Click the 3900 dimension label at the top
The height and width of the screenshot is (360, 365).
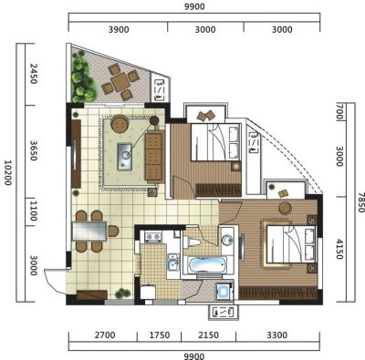click(x=119, y=30)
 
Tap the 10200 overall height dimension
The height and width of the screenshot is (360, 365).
click(x=7, y=172)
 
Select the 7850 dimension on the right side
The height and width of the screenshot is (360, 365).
click(x=360, y=202)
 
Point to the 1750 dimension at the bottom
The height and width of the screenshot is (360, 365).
click(x=160, y=335)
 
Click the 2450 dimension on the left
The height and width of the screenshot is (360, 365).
click(x=33, y=74)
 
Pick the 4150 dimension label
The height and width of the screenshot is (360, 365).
click(x=339, y=250)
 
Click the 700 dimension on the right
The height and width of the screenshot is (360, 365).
click(x=339, y=112)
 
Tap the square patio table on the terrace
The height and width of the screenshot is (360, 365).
click(x=120, y=82)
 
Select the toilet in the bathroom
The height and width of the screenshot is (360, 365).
click(x=191, y=242)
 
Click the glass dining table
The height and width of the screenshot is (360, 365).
click(x=89, y=231)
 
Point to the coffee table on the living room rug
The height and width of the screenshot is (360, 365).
click(x=125, y=156)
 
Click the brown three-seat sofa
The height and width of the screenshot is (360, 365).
click(x=154, y=157)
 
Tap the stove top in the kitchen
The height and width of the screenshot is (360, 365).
click(x=153, y=237)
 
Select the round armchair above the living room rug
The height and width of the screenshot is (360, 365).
click(x=120, y=123)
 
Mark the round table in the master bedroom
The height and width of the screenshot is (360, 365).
click(x=286, y=209)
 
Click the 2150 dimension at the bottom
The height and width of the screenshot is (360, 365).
click(x=208, y=335)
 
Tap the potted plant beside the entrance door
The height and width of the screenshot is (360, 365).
click(x=123, y=293)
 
